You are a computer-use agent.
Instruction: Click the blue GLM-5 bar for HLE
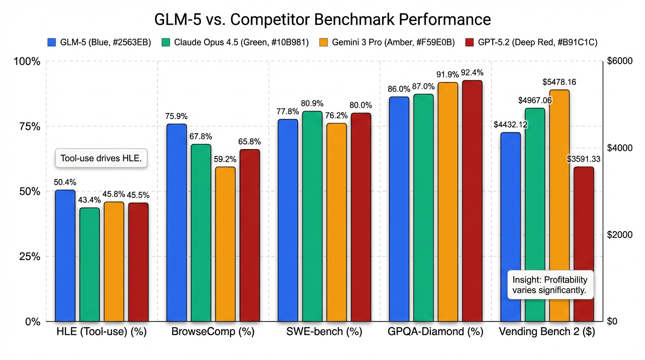(x=65, y=255)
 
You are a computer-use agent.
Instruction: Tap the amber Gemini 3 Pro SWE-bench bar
(x=337, y=222)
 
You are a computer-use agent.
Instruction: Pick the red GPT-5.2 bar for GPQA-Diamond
(x=472, y=201)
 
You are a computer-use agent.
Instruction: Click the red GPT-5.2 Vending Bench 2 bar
(x=584, y=244)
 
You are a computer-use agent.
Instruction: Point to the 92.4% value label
(x=472, y=73)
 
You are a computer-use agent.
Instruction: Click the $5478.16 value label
(x=559, y=82)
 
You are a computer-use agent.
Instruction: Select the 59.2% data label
(x=225, y=159)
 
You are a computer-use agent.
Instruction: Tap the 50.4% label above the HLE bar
(x=65, y=182)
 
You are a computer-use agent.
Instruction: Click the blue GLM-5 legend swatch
(x=52, y=42)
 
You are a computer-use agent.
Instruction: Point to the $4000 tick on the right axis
(x=620, y=148)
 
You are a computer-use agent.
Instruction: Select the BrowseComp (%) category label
(x=213, y=332)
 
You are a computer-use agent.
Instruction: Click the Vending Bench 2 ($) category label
(x=547, y=332)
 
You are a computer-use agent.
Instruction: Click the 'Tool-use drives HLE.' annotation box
(x=101, y=158)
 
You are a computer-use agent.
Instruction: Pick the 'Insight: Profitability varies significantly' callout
(x=549, y=285)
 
